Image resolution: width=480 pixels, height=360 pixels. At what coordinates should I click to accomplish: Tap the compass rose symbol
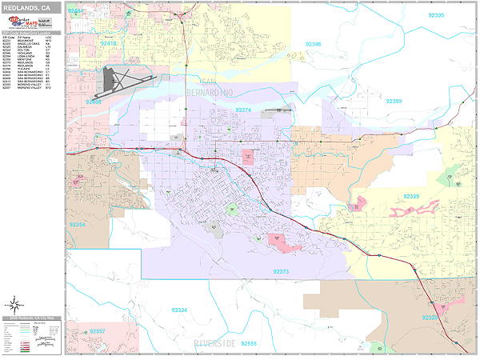(15, 305)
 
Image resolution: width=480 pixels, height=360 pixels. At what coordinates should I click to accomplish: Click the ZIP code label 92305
(436, 15)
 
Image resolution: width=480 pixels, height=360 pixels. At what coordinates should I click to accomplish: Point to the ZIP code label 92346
(313, 44)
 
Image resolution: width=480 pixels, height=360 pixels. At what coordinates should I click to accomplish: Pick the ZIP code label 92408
(94, 102)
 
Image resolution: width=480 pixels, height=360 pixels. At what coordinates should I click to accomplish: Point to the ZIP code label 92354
(78, 225)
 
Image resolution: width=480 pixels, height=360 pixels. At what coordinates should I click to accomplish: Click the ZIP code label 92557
(97, 330)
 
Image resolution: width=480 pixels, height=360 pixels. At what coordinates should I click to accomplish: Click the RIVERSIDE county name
(214, 343)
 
